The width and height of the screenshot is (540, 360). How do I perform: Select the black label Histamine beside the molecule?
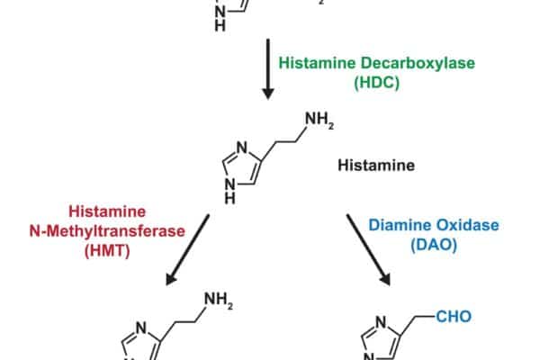375,166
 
